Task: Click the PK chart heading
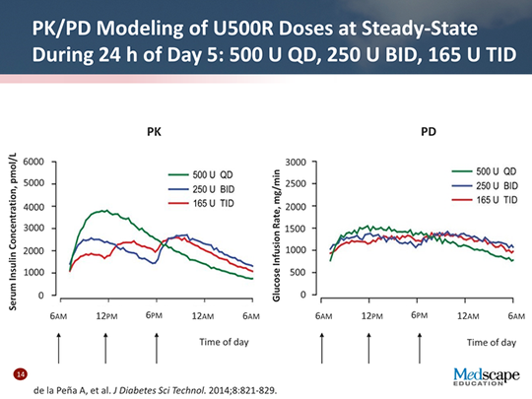point(153,130)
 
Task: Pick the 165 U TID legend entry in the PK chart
point(205,202)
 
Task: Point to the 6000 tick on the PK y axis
point(33,162)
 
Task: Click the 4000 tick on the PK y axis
point(33,206)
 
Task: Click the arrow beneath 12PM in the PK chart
point(106,347)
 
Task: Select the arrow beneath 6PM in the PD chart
point(419,347)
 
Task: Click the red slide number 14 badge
point(19,375)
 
